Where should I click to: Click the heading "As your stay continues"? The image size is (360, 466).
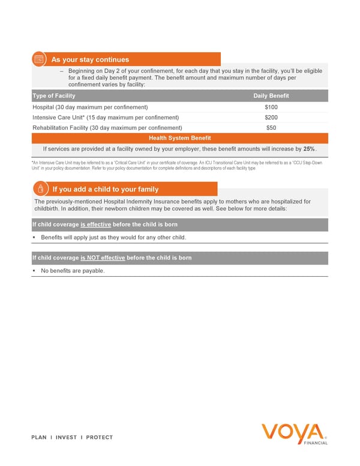coord(90,59)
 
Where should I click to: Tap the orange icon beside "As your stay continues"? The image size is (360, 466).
coord(38,59)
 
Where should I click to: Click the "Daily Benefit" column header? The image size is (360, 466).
coord(271,96)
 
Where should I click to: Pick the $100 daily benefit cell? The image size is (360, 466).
coord(271,107)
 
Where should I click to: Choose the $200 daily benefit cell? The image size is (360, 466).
coord(271,117)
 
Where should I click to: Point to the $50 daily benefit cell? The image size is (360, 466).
coord(271,127)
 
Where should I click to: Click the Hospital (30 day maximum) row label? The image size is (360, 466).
coord(90,107)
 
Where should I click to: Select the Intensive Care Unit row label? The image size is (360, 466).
coord(106,117)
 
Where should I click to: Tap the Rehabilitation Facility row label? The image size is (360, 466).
coord(107,127)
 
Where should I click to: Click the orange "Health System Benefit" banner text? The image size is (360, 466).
coord(179,138)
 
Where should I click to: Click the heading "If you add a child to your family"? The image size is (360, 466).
coord(105,190)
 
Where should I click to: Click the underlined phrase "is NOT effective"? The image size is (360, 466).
coord(103,258)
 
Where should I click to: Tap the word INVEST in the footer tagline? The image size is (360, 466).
coord(66,437)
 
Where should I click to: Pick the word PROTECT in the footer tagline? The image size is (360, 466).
coord(99,437)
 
